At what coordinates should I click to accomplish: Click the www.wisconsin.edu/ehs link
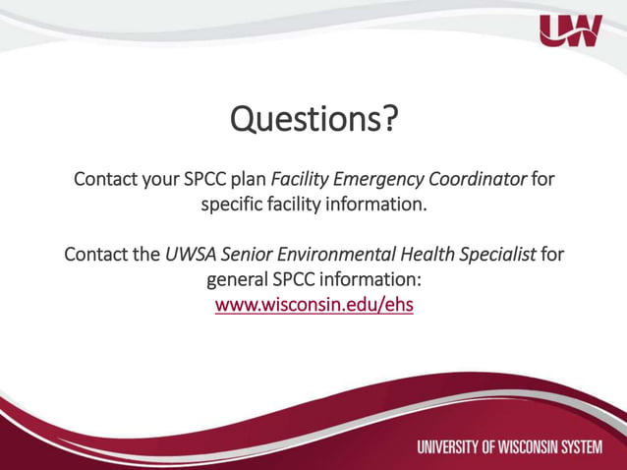(x=313, y=305)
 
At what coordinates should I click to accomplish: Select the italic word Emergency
(x=382, y=181)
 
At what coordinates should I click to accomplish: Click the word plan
(x=248, y=181)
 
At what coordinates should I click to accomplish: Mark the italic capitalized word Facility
(x=301, y=181)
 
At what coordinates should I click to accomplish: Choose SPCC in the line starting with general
(x=300, y=280)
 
